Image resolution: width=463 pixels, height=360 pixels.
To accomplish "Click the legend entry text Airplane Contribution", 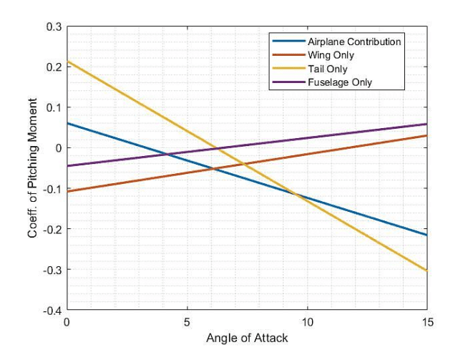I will click(354, 42).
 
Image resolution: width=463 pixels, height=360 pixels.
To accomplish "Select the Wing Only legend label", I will click(331, 55).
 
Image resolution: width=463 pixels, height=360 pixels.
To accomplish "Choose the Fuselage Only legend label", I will click(340, 82).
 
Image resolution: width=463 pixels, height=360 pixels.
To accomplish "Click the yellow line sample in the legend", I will click(288, 69).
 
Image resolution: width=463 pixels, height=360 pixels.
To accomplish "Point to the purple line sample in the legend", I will click(288, 82).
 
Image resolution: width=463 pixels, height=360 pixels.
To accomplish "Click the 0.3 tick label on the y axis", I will click(54, 26).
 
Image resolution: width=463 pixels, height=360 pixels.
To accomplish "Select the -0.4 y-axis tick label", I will click(52, 311).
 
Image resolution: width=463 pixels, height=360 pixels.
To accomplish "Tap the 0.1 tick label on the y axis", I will click(54, 107).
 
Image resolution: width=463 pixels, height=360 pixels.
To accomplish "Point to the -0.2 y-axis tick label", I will click(52, 230).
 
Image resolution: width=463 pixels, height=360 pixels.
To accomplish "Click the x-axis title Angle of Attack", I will click(247, 338).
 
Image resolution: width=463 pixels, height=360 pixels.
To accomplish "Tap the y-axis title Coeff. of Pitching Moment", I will click(32, 168).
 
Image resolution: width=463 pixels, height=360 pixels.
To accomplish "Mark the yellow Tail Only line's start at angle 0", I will click(67, 62).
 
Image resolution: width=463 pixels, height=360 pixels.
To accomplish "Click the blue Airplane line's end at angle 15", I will click(427, 235).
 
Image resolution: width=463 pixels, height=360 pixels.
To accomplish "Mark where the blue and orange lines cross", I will click(213, 169).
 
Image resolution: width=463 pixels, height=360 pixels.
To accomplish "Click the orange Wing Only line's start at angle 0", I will click(67, 192).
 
